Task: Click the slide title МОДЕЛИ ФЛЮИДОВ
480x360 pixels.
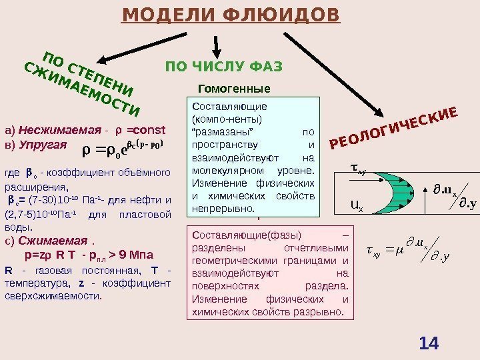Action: (x=230, y=14)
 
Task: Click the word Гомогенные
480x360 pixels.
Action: (x=235, y=88)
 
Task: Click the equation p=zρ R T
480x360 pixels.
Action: (x=52, y=254)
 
